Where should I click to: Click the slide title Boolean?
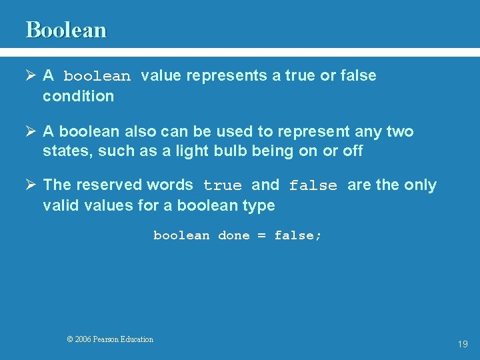[x=66, y=30]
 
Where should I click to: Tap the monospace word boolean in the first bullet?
[x=97, y=77]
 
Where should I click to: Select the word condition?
[x=78, y=96]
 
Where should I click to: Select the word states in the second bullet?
[x=67, y=151]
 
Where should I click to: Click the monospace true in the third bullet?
[x=223, y=186]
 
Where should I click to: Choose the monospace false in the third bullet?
[x=313, y=186]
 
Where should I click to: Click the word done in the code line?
[x=234, y=236]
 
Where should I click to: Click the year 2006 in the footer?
[x=83, y=339]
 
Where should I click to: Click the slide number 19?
[x=463, y=344]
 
